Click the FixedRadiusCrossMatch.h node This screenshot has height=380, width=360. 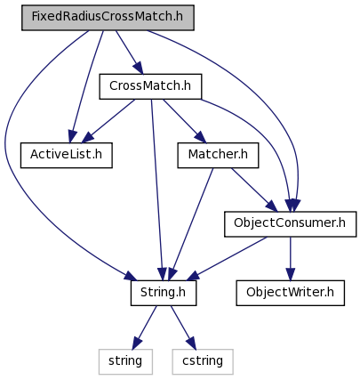pos(108,18)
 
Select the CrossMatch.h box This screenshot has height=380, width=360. pos(150,86)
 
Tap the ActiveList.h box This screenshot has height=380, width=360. pos(67,155)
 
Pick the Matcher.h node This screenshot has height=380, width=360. pos(218,155)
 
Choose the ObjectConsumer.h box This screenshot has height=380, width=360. pos(290,224)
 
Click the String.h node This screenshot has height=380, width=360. pos(164,293)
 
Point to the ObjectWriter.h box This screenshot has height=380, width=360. pos(291,293)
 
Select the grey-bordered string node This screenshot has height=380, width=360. pos(125,361)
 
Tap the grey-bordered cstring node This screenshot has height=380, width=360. pos(203,361)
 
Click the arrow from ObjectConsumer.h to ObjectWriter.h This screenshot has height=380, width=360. pos(291,258)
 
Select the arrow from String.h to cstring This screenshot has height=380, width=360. pos(183,327)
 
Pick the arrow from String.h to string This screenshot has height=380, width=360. pos(144,327)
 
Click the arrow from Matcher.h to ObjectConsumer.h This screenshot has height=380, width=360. pos(254,190)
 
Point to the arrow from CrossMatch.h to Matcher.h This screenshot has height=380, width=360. pos(184,121)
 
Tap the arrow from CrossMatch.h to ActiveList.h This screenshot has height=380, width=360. pos(108,121)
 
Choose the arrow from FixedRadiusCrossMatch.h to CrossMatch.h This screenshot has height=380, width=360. pos(129,53)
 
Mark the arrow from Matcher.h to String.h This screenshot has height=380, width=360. pos(190,224)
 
